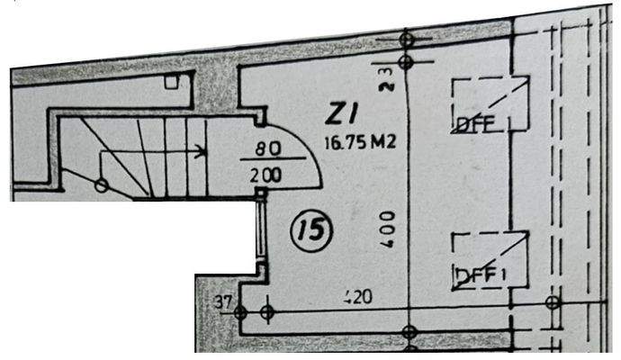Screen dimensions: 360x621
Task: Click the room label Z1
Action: pyautogui.click(x=343, y=115)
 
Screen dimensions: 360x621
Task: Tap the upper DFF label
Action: pyautogui.click(x=475, y=125)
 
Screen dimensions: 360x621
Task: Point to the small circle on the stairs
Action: pyautogui.click(x=102, y=185)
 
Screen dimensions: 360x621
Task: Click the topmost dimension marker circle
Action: pyautogui.click(x=406, y=40)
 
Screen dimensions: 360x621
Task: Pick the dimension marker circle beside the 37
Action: pyautogui.click(x=240, y=312)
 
